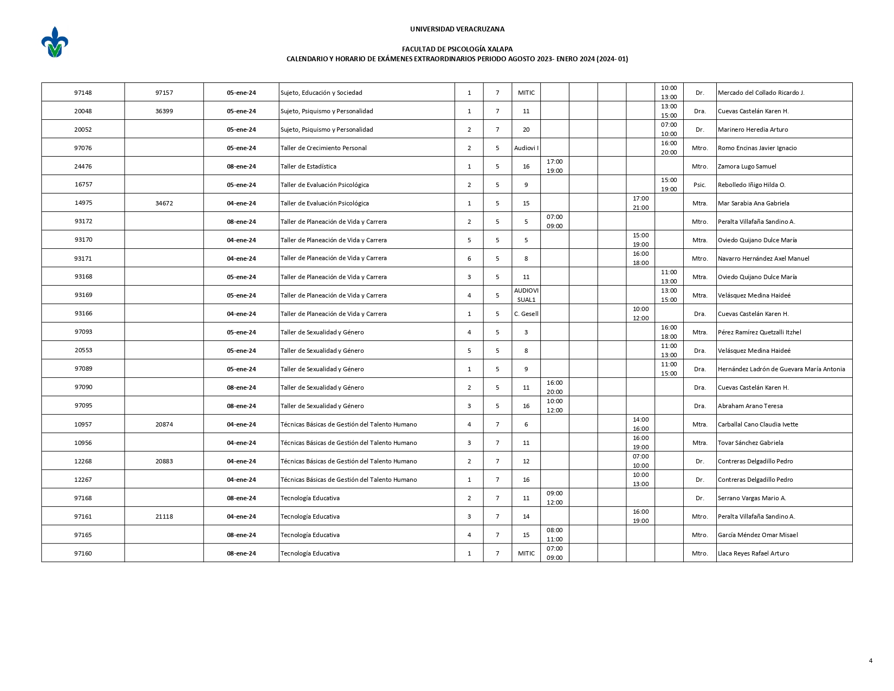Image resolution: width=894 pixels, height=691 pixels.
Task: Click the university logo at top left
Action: [54, 42]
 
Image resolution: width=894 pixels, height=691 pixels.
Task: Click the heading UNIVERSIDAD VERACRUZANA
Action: [457, 29]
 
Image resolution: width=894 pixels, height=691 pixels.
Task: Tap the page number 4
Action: [870, 660]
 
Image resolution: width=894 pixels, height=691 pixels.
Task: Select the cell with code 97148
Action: [83, 93]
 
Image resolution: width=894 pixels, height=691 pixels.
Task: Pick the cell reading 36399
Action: [164, 111]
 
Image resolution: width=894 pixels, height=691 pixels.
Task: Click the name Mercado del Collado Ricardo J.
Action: [761, 93]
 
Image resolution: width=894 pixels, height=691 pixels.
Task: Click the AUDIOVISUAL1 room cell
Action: [526, 295]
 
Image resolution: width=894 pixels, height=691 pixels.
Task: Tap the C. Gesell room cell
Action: [526, 314]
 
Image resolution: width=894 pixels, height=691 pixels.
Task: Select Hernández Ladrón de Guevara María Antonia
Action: [781, 369]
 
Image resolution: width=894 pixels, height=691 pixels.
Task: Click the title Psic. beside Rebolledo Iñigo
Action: [699, 185]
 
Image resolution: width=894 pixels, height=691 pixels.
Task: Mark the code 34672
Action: [164, 203]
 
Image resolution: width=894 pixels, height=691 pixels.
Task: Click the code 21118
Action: [164, 516]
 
